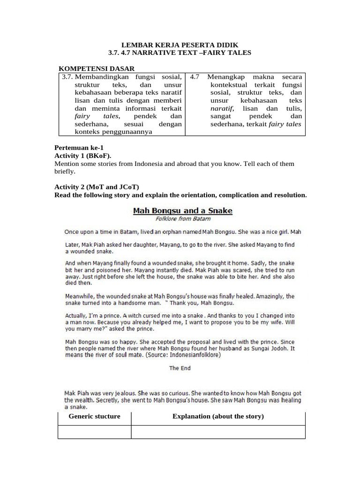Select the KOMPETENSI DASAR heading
click(x=96, y=68)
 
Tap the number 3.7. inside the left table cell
click(x=67, y=76)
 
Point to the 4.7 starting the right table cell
click(x=195, y=76)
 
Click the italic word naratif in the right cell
click(x=222, y=108)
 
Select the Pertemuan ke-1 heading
click(x=79, y=147)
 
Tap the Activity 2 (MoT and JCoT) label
click(x=97, y=187)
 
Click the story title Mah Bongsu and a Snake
click(x=182, y=211)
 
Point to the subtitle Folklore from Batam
click(x=182, y=218)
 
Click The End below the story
click(x=180, y=368)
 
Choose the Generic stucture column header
click(x=94, y=416)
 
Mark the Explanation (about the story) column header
click(x=218, y=416)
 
